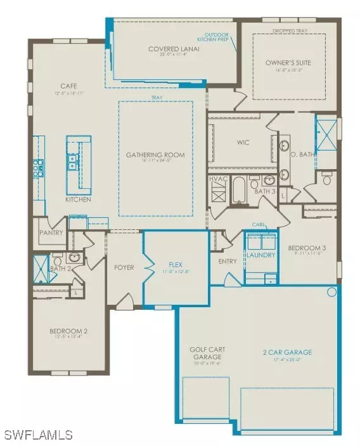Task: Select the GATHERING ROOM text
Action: click(155, 155)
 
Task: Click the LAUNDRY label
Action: click(261, 255)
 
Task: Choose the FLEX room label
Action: click(176, 265)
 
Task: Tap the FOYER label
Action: click(124, 267)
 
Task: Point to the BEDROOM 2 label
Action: click(68, 331)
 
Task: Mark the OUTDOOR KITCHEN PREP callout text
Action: click(218, 36)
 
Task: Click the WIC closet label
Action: click(242, 143)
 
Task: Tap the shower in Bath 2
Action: click(42, 269)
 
